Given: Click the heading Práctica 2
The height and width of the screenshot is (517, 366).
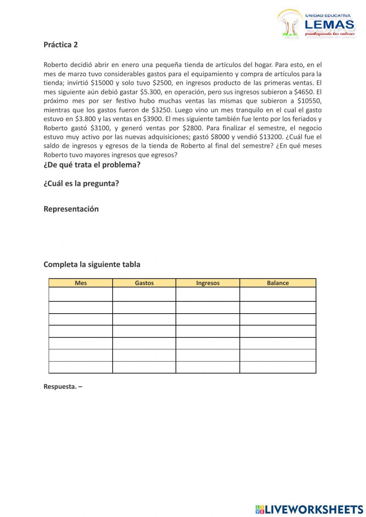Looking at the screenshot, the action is click(x=60, y=45).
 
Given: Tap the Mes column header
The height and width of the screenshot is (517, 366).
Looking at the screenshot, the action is click(x=81, y=283).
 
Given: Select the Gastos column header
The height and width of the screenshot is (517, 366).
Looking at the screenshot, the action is click(x=144, y=283).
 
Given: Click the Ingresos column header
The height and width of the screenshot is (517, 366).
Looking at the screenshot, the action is click(x=208, y=283).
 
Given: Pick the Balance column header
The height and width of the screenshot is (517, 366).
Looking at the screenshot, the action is click(x=277, y=283).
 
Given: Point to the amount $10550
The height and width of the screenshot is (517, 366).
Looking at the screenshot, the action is click(x=309, y=101).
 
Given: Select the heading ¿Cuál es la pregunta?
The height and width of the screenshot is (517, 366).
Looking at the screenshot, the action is click(x=81, y=183).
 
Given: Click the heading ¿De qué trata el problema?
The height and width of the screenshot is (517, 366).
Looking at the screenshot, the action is click(x=92, y=165).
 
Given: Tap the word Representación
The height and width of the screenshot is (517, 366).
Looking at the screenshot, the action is click(x=71, y=209).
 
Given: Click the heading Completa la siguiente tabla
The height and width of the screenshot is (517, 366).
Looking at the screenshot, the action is click(x=92, y=264).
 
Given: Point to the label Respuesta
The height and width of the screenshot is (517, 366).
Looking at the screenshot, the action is click(x=60, y=386).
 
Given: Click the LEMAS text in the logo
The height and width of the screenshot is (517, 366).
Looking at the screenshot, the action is click(x=329, y=25).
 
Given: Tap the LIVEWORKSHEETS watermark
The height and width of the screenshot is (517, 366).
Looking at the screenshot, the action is click(x=309, y=509).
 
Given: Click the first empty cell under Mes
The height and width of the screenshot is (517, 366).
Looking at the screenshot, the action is click(x=81, y=294).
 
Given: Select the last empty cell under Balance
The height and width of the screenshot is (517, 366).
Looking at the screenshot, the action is click(x=277, y=367).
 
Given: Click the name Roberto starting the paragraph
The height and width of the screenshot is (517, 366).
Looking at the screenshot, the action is click(x=56, y=65).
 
